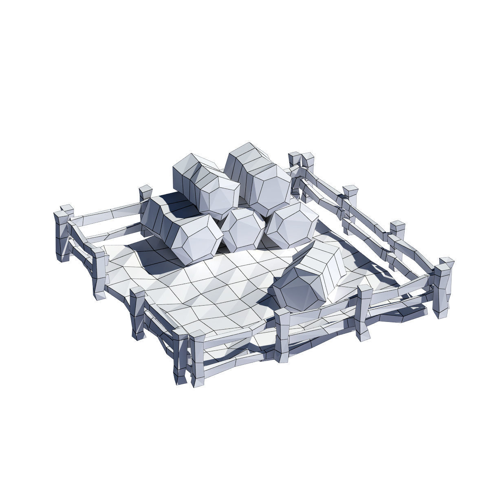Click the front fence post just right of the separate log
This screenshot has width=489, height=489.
point(364,312)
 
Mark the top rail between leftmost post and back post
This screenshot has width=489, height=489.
point(106,214)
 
